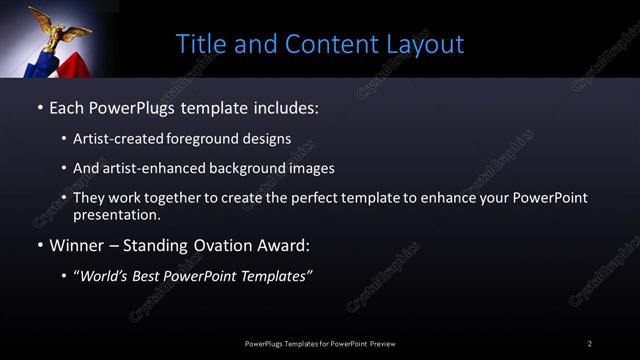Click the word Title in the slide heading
point(199,44)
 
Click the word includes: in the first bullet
point(283,105)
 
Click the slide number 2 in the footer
point(590,344)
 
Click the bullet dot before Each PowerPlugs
point(39,105)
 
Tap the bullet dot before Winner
point(39,244)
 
